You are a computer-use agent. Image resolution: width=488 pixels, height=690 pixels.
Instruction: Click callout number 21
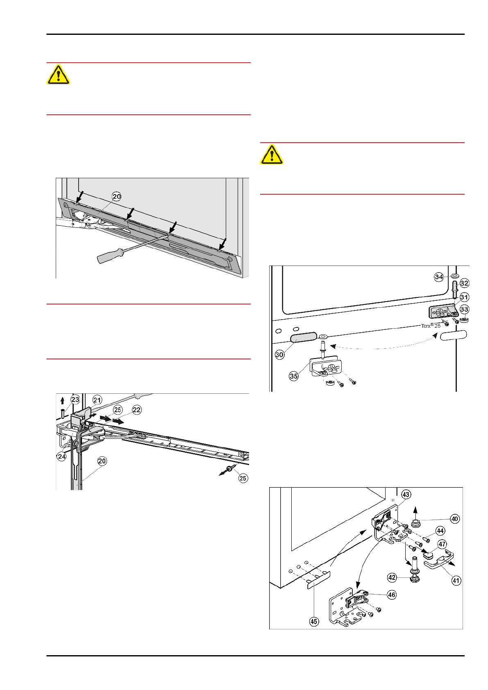pyautogui.click(x=97, y=400)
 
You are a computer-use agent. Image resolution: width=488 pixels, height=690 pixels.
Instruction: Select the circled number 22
pyautogui.click(x=136, y=410)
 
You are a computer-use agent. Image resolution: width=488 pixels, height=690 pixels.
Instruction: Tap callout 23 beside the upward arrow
pyautogui.click(x=75, y=399)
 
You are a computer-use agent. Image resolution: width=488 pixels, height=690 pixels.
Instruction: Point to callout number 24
pyautogui.click(x=61, y=456)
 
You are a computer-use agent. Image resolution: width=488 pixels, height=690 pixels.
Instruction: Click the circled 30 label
pyautogui.click(x=279, y=354)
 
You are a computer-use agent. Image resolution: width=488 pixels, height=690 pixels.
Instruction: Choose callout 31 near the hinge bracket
pyautogui.click(x=464, y=297)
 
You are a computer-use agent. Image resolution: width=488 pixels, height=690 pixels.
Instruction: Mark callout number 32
pyautogui.click(x=464, y=283)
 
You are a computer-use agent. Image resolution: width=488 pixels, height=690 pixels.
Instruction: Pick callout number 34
pyautogui.click(x=439, y=277)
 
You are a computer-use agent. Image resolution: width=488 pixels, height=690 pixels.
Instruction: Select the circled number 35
pyautogui.click(x=294, y=376)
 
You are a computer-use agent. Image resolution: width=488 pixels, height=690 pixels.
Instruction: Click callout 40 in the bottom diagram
pyautogui.click(x=455, y=519)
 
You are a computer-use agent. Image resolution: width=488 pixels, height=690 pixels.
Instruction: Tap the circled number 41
pyautogui.click(x=456, y=580)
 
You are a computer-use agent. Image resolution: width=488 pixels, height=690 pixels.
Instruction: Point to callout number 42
pyautogui.click(x=392, y=577)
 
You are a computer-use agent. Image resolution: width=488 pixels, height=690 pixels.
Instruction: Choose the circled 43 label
pyautogui.click(x=406, y=495)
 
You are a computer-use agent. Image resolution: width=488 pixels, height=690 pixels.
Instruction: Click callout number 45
pyautogui.click(x=314, y=622)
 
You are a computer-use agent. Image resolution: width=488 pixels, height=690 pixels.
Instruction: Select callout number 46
pyautogui.click(x=392, y=595)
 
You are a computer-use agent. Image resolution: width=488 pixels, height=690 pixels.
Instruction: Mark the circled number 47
pyautogui.click(x=442, y=544)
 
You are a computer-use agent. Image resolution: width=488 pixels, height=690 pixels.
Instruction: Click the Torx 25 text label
pyautogui.click(x=431, y=326)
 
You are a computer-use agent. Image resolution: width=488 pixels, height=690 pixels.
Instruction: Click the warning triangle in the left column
pyautogui.click(x=59, y=75)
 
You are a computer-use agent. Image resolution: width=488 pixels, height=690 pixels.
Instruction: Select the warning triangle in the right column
pyautogui.click(x=272, y=154)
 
